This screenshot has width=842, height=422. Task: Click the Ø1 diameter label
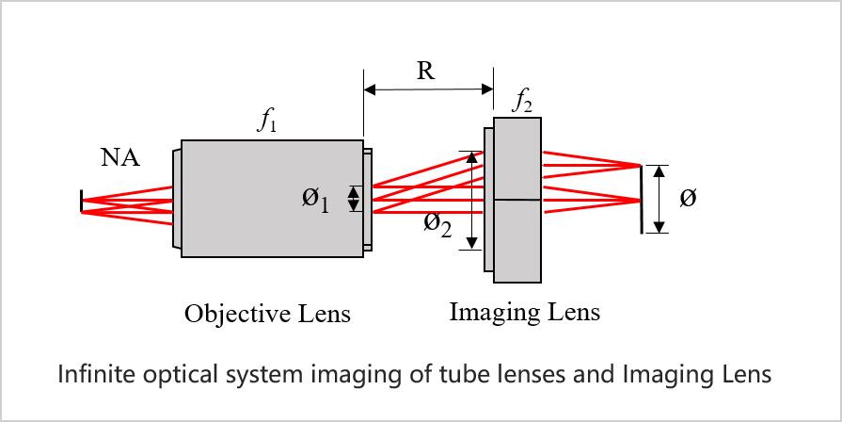(315, 199)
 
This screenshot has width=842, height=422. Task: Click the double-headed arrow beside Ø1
(354, 199)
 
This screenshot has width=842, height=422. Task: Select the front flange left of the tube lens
(177, 199)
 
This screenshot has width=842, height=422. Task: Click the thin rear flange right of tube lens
(367, 199)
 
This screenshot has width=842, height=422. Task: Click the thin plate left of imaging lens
(488, 199)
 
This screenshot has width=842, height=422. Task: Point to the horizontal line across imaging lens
(517, 200)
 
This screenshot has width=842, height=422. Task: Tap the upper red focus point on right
(639, 166)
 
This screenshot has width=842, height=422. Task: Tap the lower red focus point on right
(639, 200)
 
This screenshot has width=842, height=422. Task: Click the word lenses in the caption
(528, 375)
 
